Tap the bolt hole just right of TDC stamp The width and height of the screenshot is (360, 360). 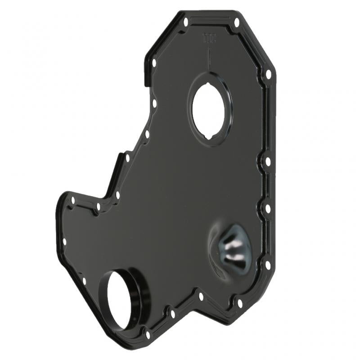236,22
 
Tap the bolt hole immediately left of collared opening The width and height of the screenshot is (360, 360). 84,282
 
